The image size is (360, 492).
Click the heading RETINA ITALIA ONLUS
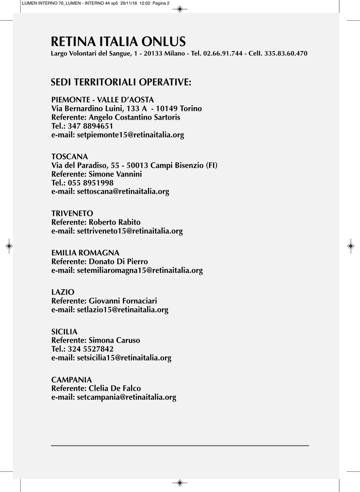point(118,41)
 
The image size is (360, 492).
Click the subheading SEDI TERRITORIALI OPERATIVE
point(121,83)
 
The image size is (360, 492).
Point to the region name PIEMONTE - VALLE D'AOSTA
point(102,99)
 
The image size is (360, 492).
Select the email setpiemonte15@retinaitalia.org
point(130,135)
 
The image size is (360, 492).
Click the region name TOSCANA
point(70,157)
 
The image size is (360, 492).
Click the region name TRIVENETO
point(72,213)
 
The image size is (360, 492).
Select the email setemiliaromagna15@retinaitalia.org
point(140,271)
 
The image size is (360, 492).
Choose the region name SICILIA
point(64,332)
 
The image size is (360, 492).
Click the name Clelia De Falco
point(115,388)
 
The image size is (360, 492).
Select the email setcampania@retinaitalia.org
point(126,397)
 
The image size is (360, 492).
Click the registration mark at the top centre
point(179,9)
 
